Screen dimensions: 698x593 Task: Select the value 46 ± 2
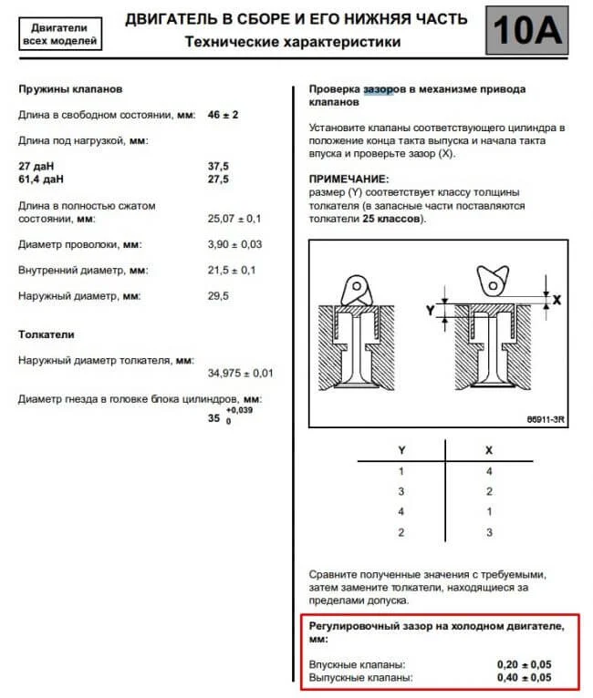(x=224, y=115)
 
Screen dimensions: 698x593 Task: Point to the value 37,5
(x=220, y=167)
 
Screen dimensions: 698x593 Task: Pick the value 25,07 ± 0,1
(x=235, y=220)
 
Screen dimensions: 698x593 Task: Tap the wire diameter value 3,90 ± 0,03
(x=235, y=245)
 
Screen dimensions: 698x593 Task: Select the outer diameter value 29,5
(x=220, y=296)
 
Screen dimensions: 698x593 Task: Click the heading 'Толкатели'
(x=47, y=334)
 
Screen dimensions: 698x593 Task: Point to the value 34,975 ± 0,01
(x=241, y=374)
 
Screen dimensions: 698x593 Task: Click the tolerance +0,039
(x=242, y=412)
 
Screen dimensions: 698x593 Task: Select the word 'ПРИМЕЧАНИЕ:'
(x=349, y=180)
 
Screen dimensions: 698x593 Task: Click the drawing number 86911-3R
(x=546, y=419)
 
